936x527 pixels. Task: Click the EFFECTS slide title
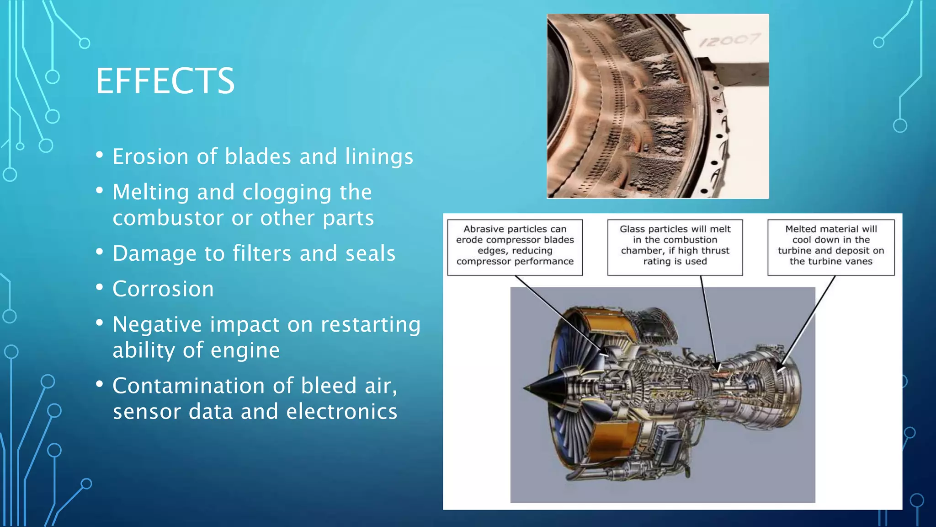tap(165, 81)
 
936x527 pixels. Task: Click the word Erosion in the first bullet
tap(150, 156)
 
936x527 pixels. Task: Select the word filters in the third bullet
tap(261, 253)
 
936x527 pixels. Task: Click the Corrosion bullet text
tap(163, 289)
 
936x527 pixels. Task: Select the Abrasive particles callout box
tap(515, 247)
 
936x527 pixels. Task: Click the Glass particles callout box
tap(675, 247)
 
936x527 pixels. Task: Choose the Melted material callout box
tap(830, 247)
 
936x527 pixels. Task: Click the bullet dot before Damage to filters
tap(100, 252)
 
